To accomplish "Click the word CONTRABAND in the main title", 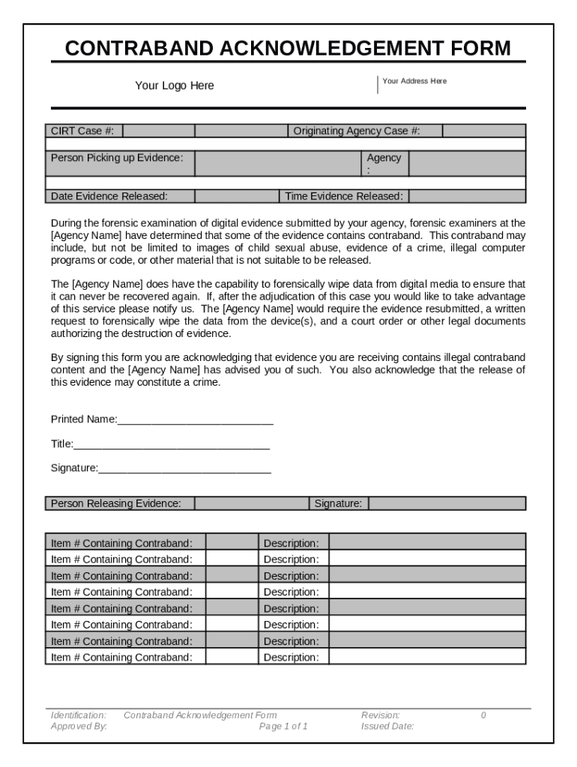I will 139,49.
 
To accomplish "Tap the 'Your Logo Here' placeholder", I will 174,85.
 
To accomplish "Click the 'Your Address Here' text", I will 414,81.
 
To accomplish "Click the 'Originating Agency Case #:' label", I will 357,131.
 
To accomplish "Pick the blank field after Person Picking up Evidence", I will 278,163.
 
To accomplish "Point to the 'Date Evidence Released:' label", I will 109,196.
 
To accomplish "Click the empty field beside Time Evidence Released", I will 467,196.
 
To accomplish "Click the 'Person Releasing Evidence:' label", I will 115,503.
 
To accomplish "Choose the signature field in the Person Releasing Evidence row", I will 447,503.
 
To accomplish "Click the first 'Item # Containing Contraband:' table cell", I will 121,543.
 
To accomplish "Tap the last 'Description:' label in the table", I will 291,658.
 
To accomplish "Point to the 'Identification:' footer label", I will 78,715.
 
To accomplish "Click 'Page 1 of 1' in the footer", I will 283,727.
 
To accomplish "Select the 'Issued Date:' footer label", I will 387,727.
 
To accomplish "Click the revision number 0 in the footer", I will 483,715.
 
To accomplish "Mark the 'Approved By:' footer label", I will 79,727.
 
